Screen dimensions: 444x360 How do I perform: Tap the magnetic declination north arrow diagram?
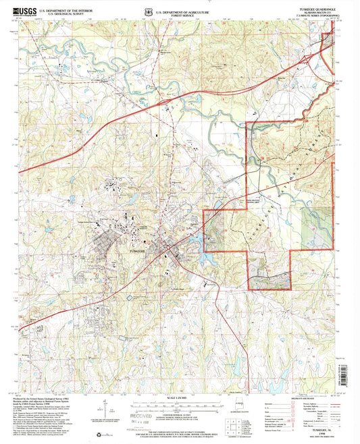(105, 408)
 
